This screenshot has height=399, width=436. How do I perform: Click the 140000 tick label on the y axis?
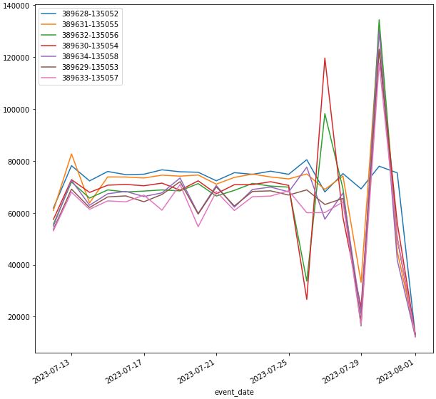(16, 6)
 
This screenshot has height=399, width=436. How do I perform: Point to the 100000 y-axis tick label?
(16, 110)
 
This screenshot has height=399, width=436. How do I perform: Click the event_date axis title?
(234, 392)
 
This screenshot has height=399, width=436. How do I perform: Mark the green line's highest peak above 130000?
(379, 20)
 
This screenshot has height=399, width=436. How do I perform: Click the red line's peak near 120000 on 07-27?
(325, 58)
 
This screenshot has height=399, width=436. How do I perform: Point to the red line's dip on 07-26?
(307, 299)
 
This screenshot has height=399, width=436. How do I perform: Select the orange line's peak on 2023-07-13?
(71, 154)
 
